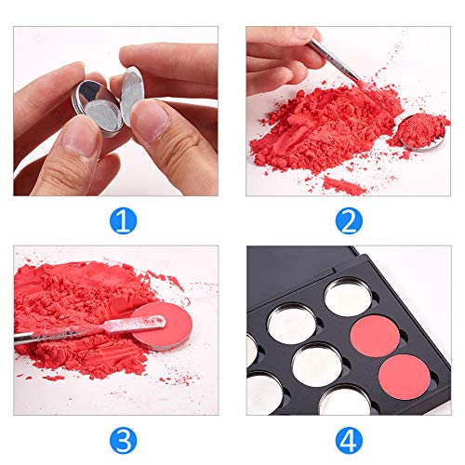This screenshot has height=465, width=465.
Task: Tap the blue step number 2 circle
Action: click(x=348, y=220)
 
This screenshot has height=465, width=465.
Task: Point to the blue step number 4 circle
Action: click(x=348, y=438)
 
